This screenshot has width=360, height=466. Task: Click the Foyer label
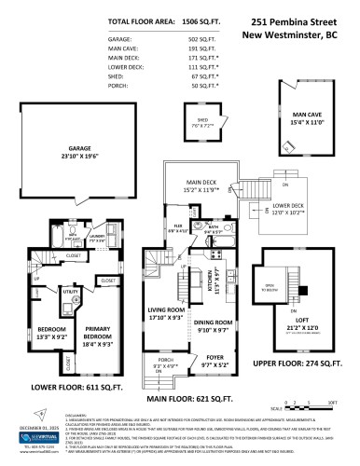[x=215, y=352]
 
